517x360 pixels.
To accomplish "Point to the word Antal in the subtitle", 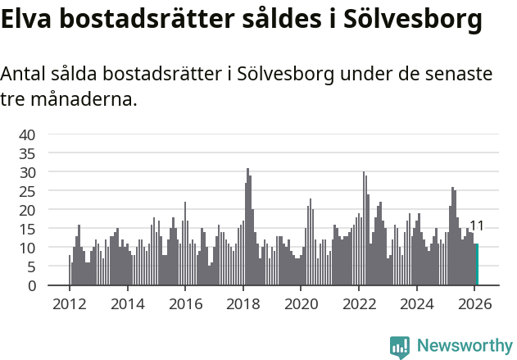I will tap(25, 75).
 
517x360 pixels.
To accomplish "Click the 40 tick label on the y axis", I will tap(27, 134).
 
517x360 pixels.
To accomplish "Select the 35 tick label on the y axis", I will tap(27, 153).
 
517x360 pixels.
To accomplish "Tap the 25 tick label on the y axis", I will tap(27, 191).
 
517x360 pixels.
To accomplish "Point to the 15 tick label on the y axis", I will tap(27, 229).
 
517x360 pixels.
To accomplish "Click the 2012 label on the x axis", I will tap(69, 303).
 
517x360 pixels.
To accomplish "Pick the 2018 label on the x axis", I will tap(243, 303).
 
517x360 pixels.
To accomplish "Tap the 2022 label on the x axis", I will tap(358, 303).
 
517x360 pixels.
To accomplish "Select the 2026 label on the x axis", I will tap(474, 303).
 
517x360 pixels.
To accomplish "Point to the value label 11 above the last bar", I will tap(476, 226).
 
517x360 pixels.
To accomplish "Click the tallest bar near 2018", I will tap(247, 227).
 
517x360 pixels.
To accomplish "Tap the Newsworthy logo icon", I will tap(400, 347).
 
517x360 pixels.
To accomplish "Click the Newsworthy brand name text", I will tap(465, 346).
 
